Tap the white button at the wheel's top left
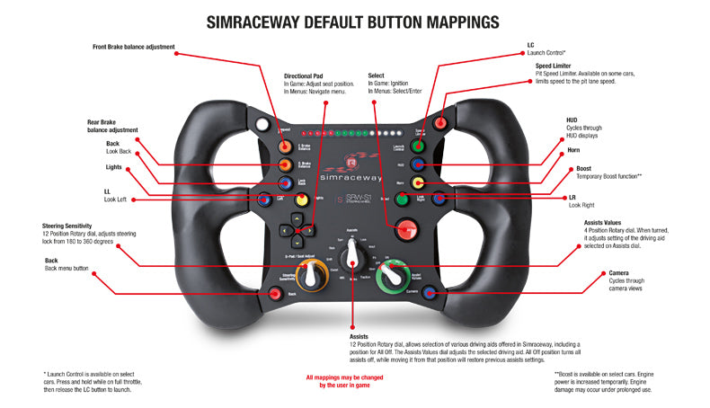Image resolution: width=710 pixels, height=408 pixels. tap(262, 124)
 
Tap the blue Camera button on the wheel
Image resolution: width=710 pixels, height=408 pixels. tap(428, 292)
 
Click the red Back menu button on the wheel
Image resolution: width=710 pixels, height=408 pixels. tap(275, 293)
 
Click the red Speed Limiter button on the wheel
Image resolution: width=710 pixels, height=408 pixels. tap(440, 123)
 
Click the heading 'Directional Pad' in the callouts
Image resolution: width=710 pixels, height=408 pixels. tap(303, 75)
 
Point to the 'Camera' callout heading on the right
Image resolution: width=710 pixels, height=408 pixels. tap(593, 271)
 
